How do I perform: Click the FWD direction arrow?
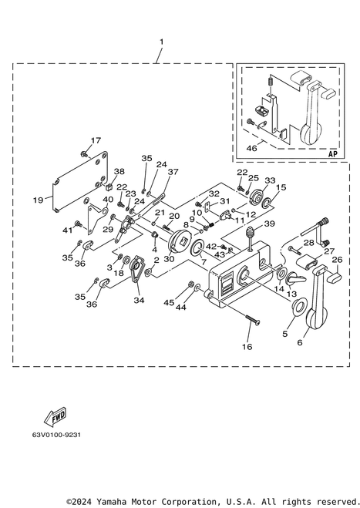pyautogui.click(x=56, y=417)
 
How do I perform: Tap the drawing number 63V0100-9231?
pyautogui.click(x=56, y=435)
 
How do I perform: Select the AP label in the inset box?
pyautogui.click(x=333, y=153)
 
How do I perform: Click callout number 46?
pyautogui.click(x=252, y=148)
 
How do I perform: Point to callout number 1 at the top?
pyautogui.click(x=161, y=42)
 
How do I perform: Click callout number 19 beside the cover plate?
pyautogui.click(x=38, y=200)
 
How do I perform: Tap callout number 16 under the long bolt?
pyautogui.click(x=247, y=347)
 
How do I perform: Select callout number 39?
pyautogui.click(x=269, y=224)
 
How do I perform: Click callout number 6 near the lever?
pyautogui.click(x=300, y=341)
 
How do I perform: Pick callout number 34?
pyautogui.click(x=139, y=301)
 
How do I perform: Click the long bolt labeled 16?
pyautogui.click(x=253, y=321)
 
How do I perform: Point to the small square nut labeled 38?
pyautogui.click(x=109, y=187)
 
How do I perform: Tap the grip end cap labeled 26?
pyautogui.click(x=335, y=276)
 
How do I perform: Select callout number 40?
pyautogui.click(x=108, y=199)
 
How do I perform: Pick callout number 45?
pyautogui.click(x=169, y=302)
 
